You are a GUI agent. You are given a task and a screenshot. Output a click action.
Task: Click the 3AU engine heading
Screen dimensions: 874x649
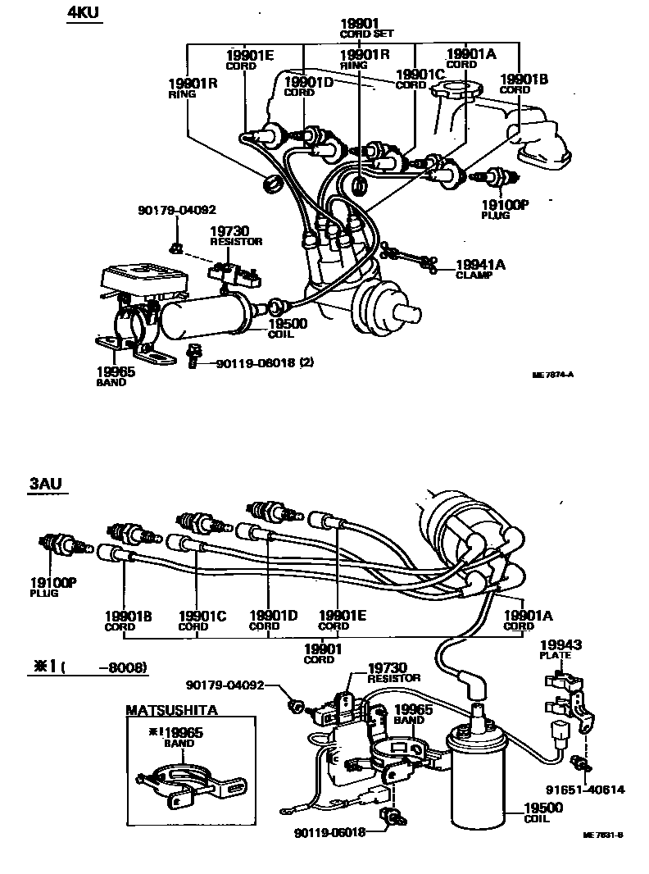[47, 485]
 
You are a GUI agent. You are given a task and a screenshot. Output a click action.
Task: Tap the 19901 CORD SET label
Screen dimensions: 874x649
[366, 28]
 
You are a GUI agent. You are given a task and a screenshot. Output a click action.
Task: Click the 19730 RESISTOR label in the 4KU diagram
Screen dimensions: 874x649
[235, 236]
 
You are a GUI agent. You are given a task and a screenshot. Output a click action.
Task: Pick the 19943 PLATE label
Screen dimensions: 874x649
[560, 650]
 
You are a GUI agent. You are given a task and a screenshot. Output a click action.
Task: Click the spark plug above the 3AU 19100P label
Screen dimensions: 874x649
[59, 545]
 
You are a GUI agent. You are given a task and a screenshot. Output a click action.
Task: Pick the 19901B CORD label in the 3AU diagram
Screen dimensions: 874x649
[125, 619]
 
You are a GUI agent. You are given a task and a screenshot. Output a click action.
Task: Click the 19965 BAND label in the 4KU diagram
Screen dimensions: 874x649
[111, 376]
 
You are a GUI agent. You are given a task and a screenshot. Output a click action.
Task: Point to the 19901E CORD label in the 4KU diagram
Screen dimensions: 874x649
[250, 60]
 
